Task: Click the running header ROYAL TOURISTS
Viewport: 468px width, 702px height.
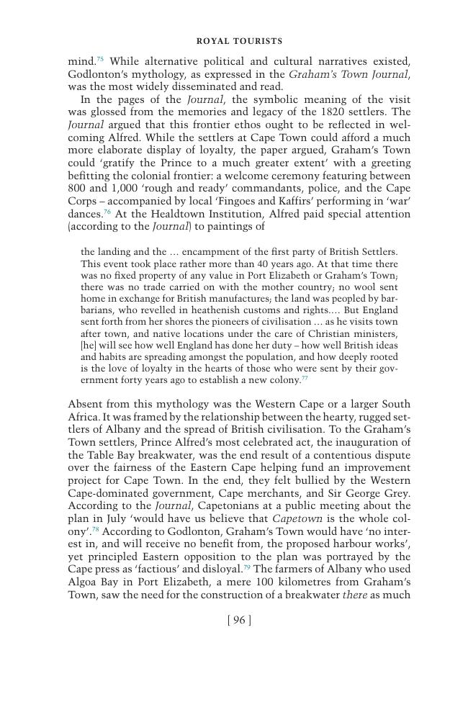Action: pyautogui.click(x=239, y=41)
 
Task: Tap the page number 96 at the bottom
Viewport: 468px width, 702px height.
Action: pyautogui.click(x=239, y=620)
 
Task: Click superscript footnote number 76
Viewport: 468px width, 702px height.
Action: pyautogui.click(x=107, y=212)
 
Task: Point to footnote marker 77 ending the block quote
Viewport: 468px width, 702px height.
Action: pyautogui.click(x=305, y=377)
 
